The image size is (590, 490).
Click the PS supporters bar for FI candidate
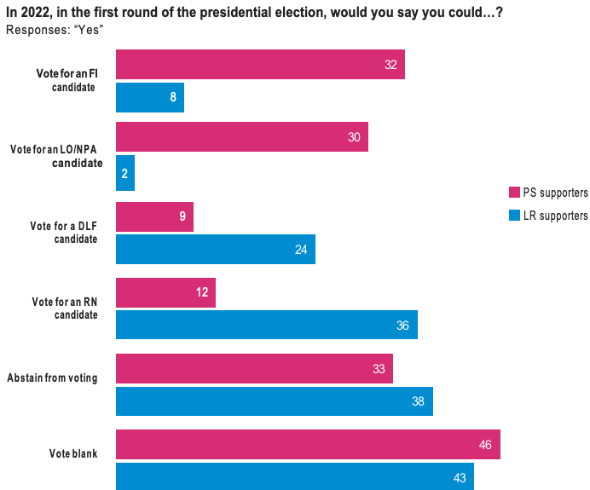click(260, 65)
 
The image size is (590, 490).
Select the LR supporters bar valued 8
click(149, 97)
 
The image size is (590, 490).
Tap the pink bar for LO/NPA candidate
click(241, 137)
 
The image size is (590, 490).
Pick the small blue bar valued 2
click(124, 173)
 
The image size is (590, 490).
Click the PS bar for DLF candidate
click(154, 216)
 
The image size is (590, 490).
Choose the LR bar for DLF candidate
click(215, 249)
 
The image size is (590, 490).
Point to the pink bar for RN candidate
click(165, 292)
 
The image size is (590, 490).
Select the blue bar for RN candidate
click(266, 325)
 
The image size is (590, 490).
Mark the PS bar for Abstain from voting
click(254, 368)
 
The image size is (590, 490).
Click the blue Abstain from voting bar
click(274, 401)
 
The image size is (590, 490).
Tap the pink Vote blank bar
click(308, 444)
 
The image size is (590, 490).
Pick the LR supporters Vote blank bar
click(294, 476)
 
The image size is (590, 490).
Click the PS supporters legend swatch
click(514, 193)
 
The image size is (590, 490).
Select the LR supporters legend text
click(555, 216)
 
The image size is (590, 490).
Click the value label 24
click(301, 250)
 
